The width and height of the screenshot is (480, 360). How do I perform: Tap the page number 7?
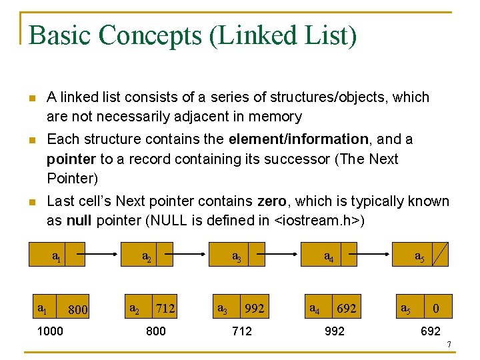(449, 345)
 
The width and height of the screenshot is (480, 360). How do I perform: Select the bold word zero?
(273, 201)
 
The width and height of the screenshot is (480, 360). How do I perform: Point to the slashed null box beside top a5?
(441, 254)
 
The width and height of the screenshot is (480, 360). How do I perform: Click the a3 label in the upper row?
(236, 256)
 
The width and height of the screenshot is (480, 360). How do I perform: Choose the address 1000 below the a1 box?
(50, 331)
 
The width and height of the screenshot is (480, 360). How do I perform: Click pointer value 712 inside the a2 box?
(165, 308)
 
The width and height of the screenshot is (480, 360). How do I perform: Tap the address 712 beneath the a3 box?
(241, 331)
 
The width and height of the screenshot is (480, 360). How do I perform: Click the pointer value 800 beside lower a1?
(79, 309)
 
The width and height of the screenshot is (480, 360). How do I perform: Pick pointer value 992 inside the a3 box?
(254, 308)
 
